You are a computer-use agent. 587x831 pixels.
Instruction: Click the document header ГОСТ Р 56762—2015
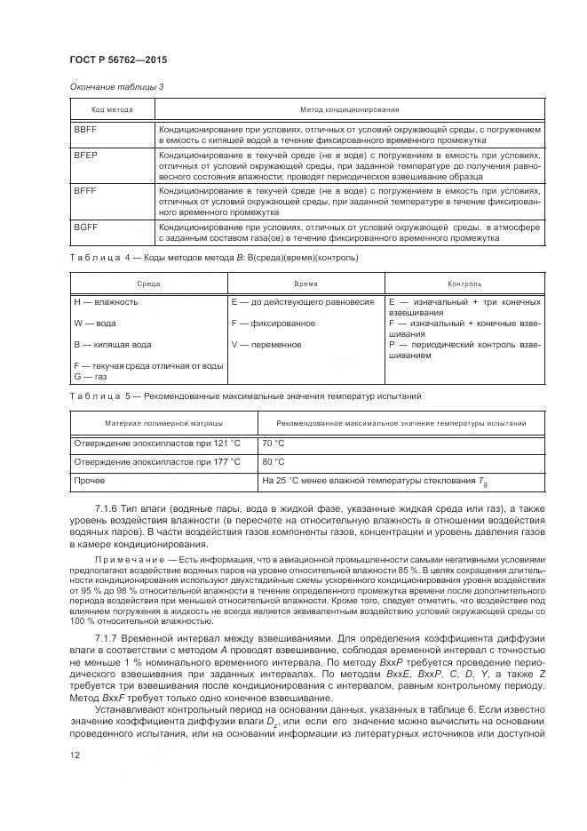118,59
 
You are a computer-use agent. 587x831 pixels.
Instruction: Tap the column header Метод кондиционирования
349,109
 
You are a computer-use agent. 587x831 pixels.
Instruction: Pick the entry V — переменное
266,344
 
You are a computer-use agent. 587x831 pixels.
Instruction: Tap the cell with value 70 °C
274,443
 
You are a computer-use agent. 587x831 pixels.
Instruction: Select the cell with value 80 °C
274,462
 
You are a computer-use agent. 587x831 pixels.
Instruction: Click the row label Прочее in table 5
89,482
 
